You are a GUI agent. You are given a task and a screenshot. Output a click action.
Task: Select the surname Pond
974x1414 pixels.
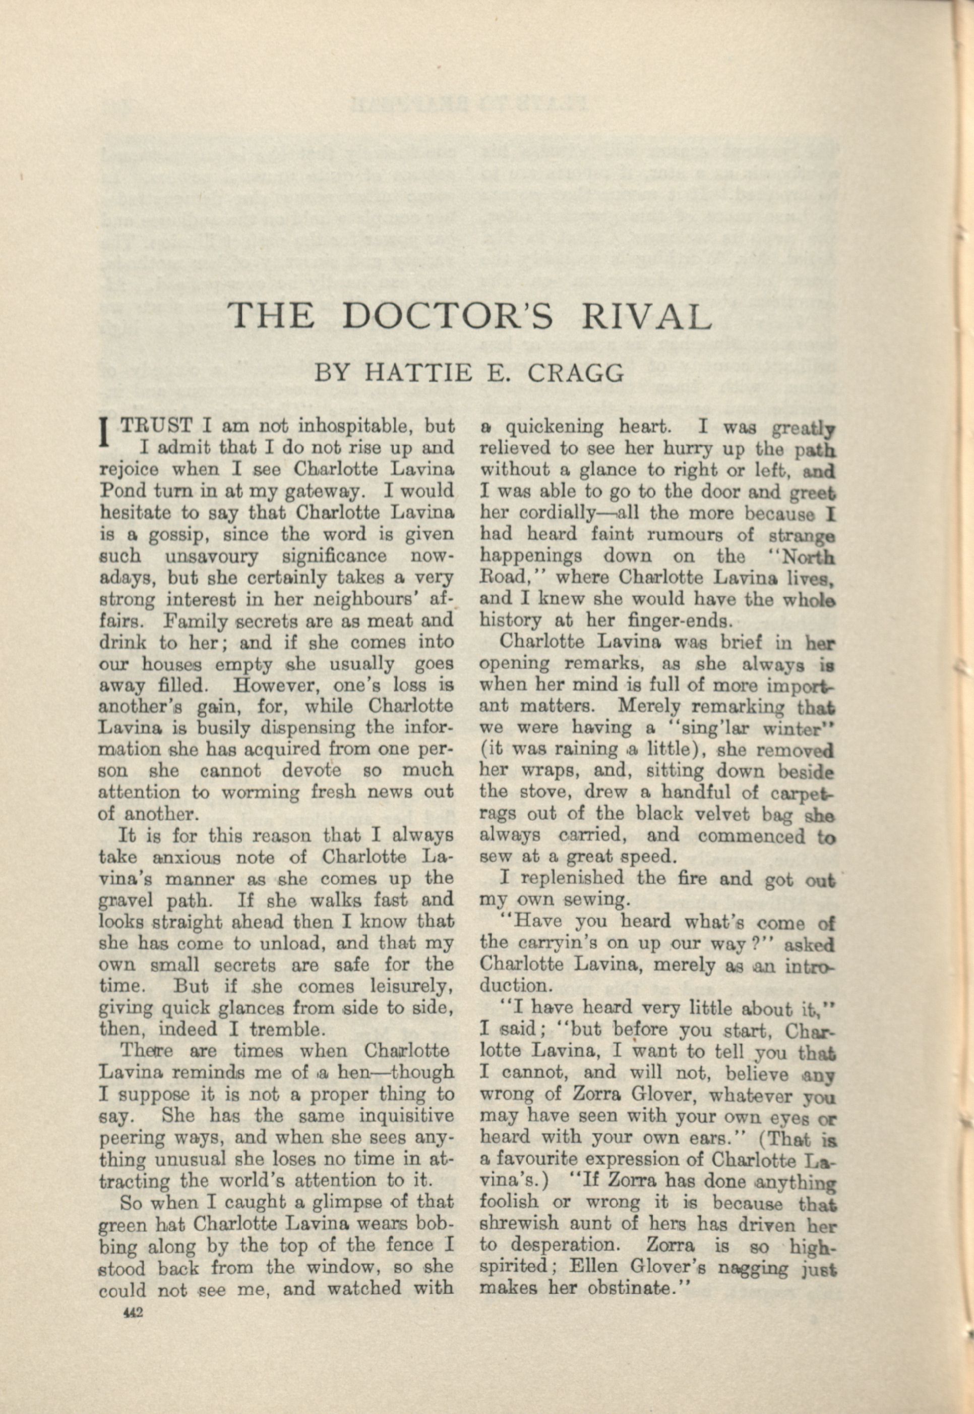pyautogui.click(x=119, y=491)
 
